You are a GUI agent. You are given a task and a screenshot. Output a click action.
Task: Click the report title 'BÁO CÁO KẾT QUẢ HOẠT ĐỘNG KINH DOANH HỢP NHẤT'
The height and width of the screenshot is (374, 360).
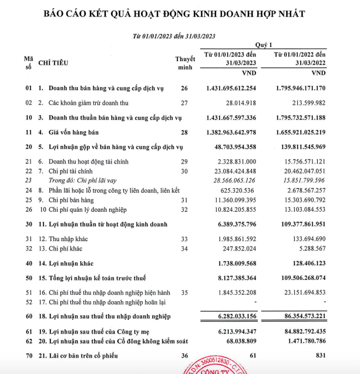(180, 12)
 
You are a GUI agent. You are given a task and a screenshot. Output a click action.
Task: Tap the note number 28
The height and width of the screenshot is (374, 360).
(184, 131)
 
